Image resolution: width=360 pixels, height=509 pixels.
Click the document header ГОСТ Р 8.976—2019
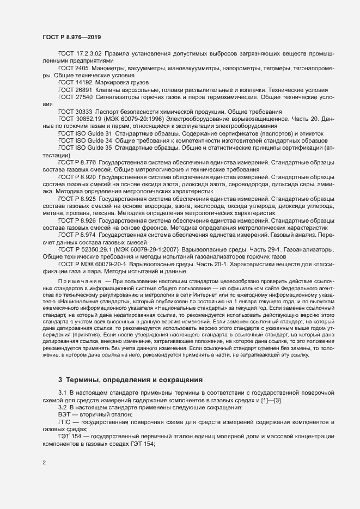click(71, 36)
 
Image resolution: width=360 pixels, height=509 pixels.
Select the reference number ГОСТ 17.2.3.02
click(80, 54)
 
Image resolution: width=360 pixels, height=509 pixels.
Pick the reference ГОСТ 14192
click(75, 82)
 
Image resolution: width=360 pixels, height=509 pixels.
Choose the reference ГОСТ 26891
click(75, 89)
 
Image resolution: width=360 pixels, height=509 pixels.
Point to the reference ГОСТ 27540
click(75, 96)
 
